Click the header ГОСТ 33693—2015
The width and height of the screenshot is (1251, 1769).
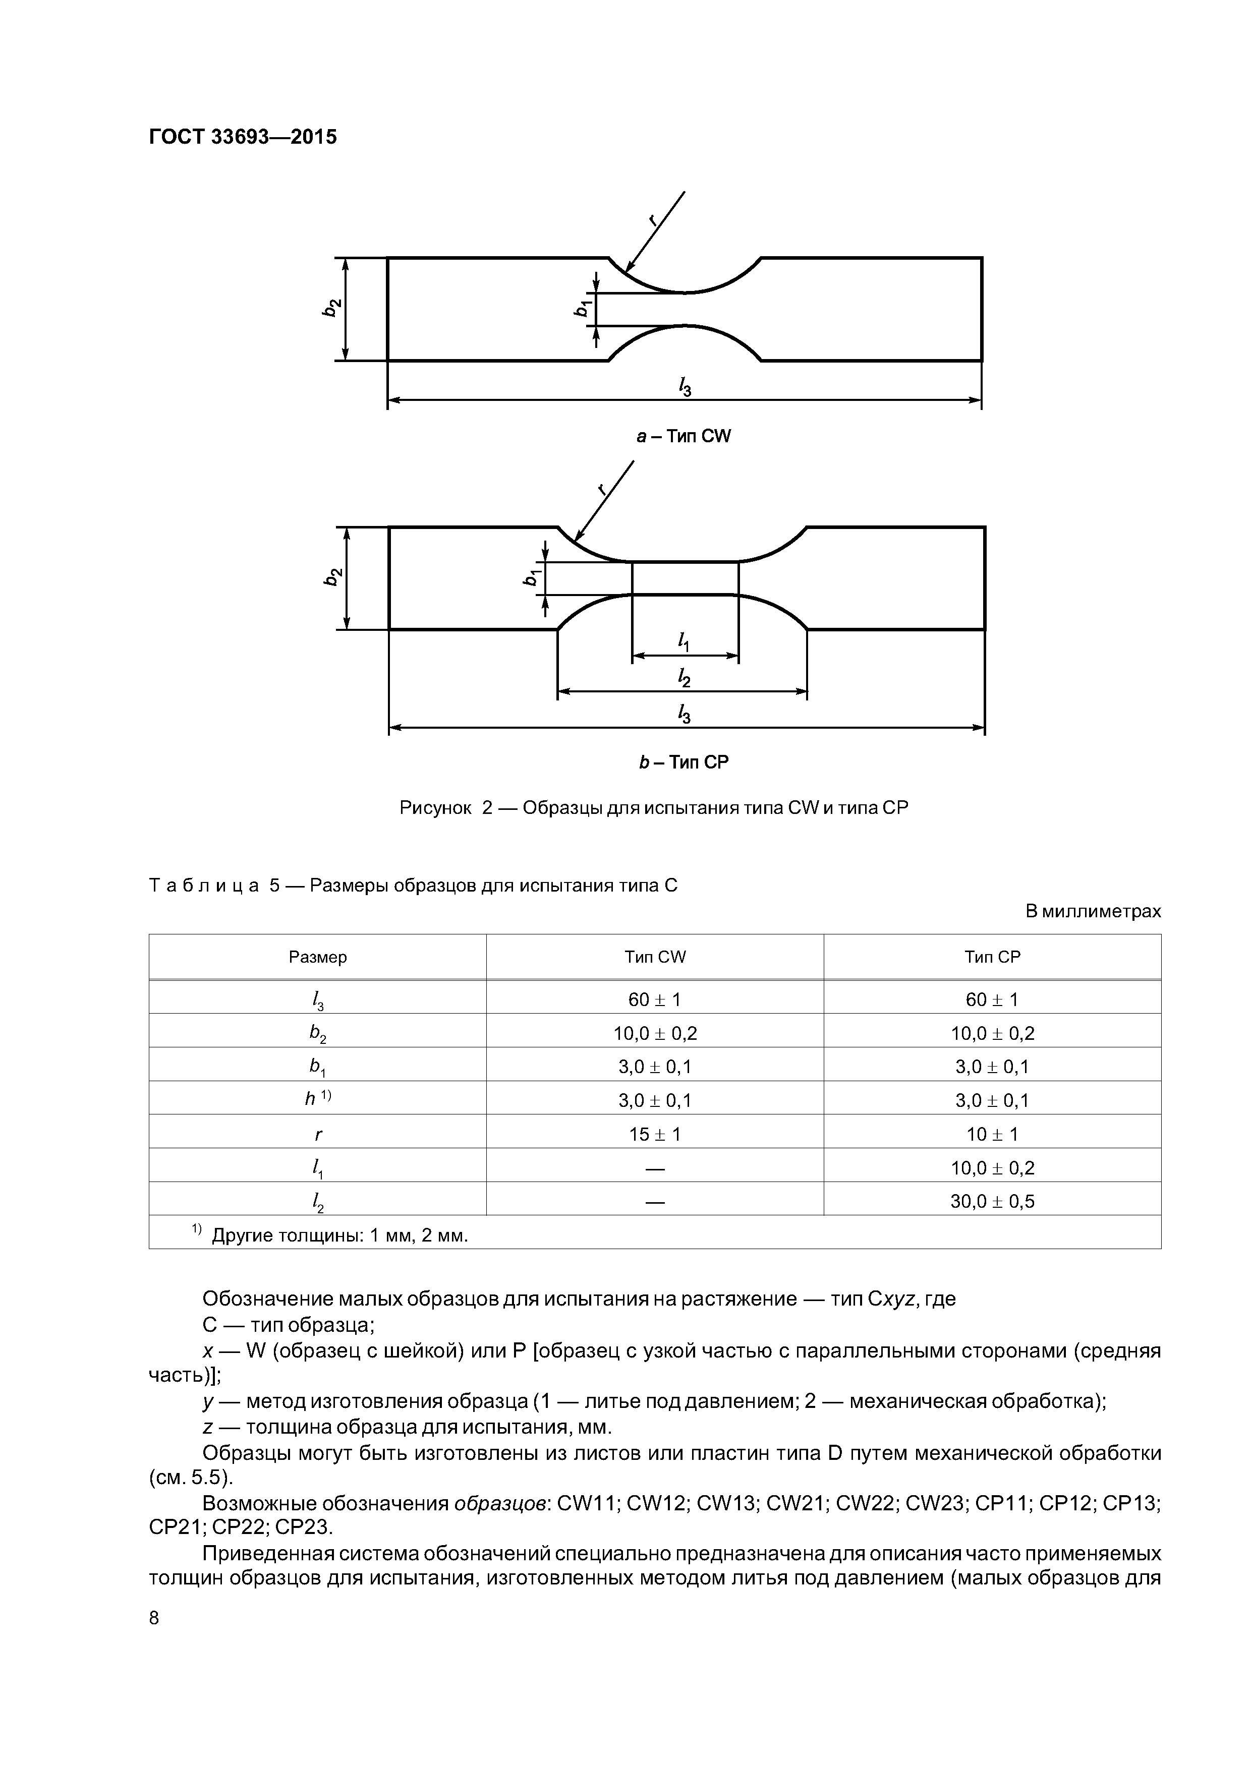pos(243,137)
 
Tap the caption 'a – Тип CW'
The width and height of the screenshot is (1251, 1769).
pos(683,437)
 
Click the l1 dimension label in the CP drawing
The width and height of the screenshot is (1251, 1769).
pos(684,640)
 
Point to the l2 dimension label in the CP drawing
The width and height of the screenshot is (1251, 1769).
pos(684,677)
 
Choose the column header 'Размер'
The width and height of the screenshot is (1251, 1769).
pos(318,957)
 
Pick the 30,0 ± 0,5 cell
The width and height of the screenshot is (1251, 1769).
pos(992,1201)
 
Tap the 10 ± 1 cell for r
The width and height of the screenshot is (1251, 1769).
pos(992,1134)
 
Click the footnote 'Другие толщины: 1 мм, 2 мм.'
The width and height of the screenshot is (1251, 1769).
pos(339,1236)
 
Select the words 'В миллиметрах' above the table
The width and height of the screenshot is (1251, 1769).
pos(1092,911)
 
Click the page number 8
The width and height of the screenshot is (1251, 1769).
pos(154,1618)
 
